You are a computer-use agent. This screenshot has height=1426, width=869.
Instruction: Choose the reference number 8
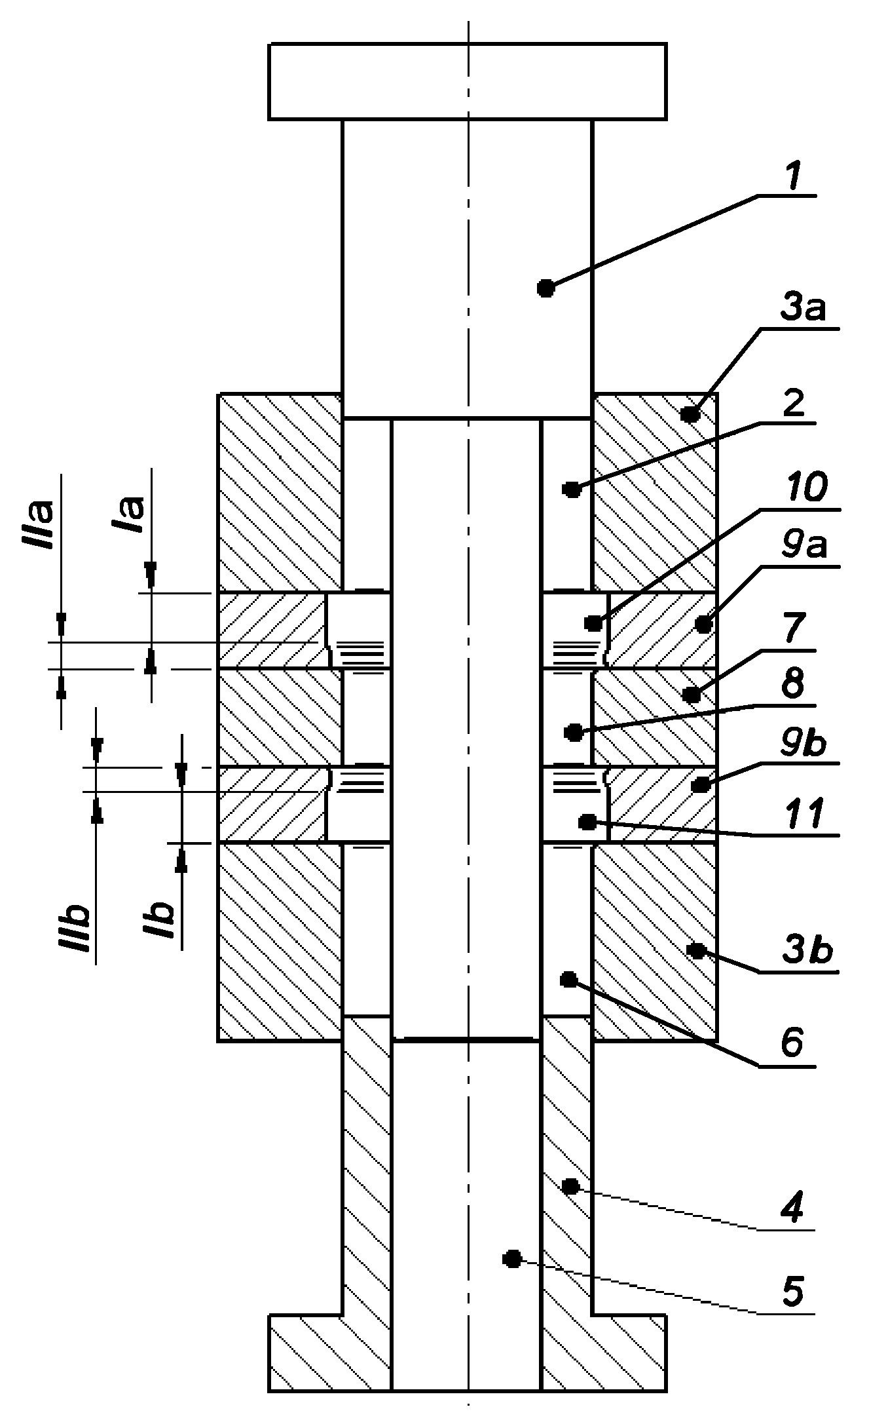[x=794, y=684]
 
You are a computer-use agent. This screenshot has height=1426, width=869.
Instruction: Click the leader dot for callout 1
[x=545, y=287]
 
